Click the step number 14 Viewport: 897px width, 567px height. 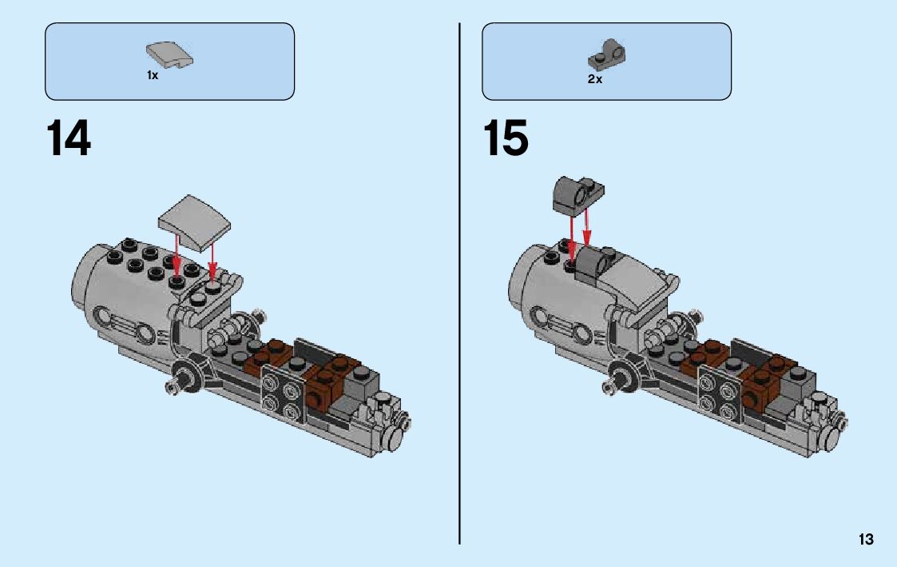tap(69, 139)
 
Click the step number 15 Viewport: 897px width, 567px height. tap(506, 139)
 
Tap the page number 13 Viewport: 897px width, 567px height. tap(866, 540)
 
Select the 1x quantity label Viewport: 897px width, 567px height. tap(152, 75)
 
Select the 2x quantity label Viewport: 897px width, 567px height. tap(594, 79)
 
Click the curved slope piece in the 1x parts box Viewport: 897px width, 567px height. tap(170, 57)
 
